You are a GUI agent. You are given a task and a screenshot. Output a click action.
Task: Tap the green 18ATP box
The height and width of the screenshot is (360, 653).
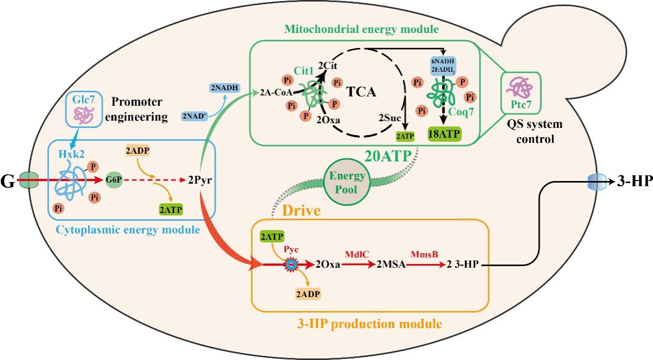point(444,133)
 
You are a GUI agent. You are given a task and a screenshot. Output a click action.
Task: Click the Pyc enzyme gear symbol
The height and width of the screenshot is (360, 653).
point(291,265)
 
